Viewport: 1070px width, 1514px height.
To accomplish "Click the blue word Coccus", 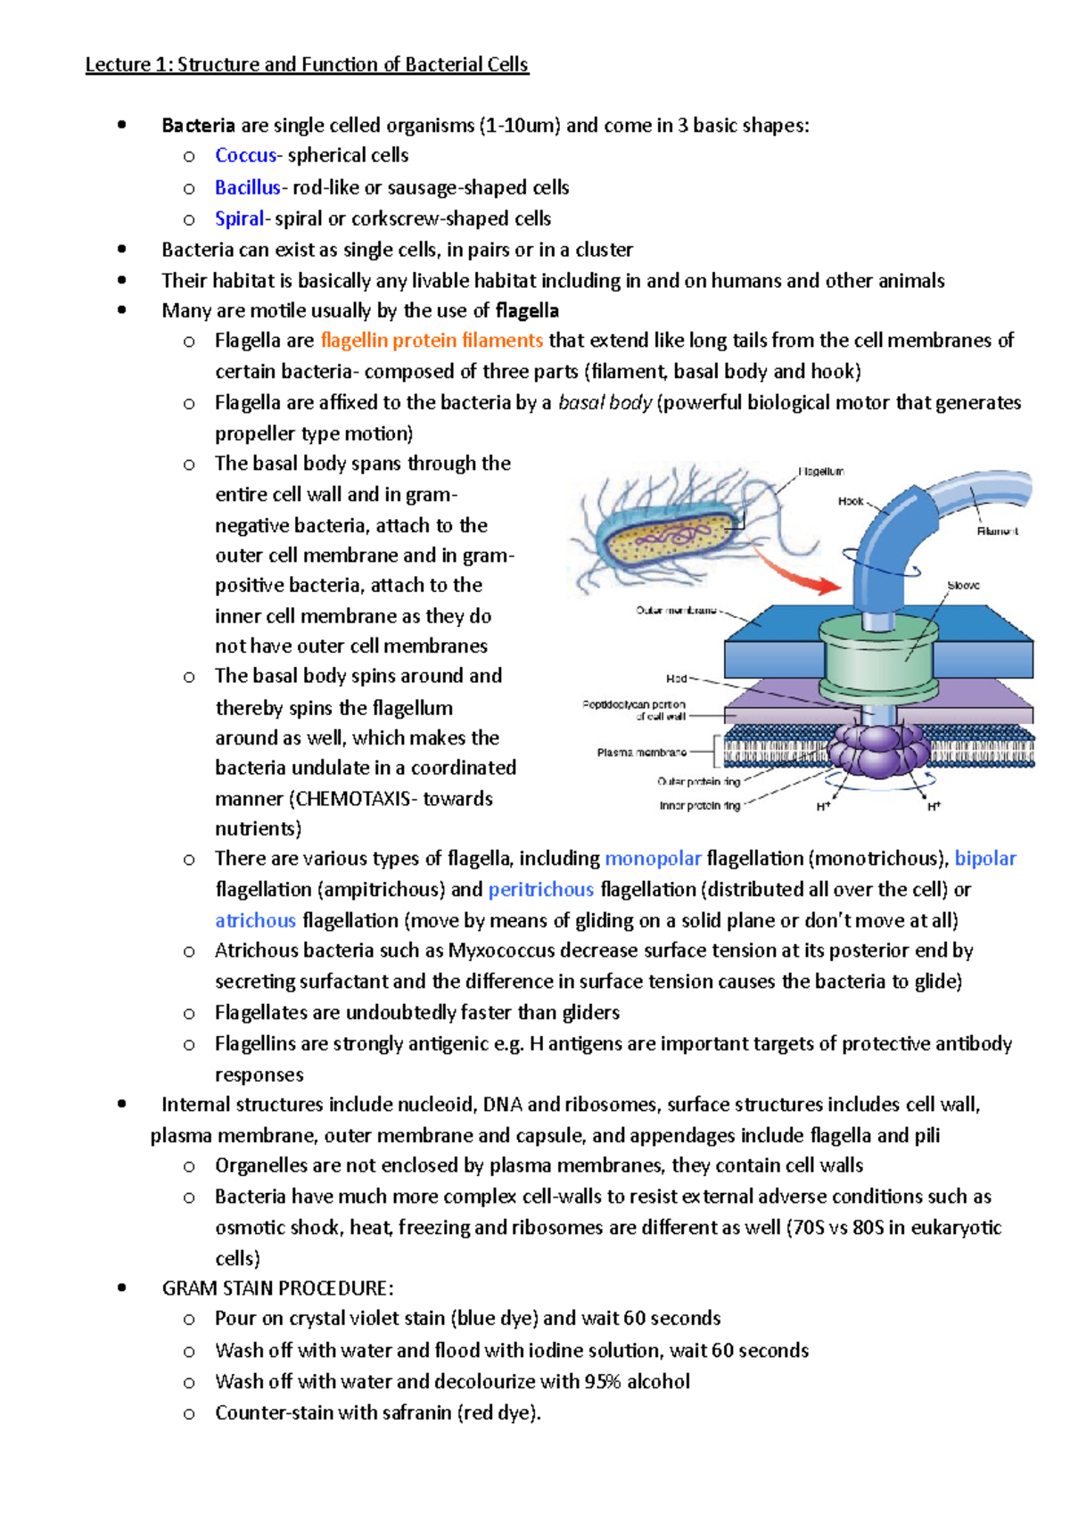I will point(245,155).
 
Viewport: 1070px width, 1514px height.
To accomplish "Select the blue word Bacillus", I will point(247,187).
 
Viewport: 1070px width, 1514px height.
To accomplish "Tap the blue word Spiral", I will point(239,218).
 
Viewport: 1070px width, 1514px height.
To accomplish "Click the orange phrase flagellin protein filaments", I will point(432,341).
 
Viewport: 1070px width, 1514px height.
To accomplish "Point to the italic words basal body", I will point(605,403).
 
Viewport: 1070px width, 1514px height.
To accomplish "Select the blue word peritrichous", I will point(540,890).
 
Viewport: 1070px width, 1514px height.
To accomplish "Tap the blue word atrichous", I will point(255,920).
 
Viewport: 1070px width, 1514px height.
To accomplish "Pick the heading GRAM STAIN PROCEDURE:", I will point(277,1288).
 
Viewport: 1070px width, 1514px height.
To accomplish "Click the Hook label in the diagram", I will point(850,501).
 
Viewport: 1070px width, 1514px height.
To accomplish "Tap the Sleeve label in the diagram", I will point(963,586).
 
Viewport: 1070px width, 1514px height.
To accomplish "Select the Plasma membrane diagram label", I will point(641,753).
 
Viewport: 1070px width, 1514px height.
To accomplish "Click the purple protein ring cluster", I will point(878,751).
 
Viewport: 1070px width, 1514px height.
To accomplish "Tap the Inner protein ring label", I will point(699,806).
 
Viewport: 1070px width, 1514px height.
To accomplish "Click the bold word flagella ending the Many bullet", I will point(527,311).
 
